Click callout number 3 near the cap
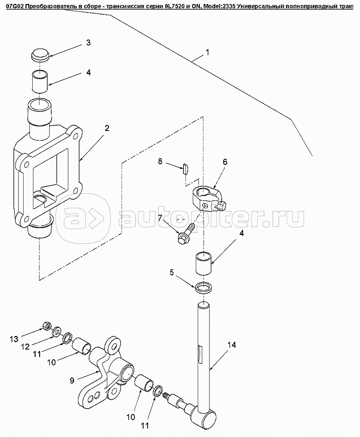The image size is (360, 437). click(88, 43)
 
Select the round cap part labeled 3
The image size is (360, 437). click(40, 55)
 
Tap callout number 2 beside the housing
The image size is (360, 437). click(107, 128)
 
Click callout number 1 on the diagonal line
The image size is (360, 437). click(207, 52)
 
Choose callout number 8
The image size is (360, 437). click(160, 161)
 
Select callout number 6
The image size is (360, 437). click(225, 161)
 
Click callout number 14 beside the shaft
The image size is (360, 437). click(231, 345)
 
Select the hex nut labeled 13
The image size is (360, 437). click(46, 325)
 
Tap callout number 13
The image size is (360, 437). click(14, 339)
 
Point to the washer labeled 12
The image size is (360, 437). click(57, 331)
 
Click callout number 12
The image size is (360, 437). click(25, 347)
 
